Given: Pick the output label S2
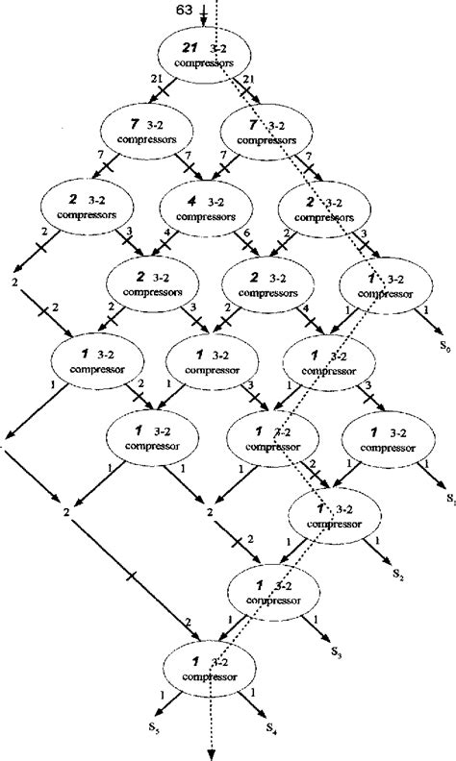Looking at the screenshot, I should click(397, 574).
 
